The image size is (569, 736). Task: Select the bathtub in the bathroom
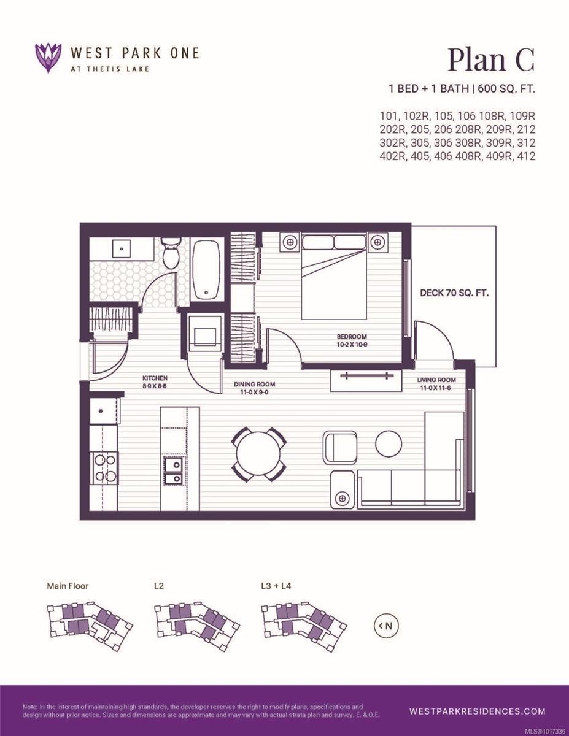tap(206, 270)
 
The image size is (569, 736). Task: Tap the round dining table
tap(258, 454)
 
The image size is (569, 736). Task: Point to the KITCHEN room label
tap(155, 378)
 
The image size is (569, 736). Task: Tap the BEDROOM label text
tap(351, 337)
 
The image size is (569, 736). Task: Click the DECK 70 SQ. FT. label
tap(454, 293)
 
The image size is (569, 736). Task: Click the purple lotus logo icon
tap(48, 58)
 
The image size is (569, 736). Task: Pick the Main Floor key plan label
tap(68, 586)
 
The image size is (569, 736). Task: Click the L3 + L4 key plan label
tap(276, 586)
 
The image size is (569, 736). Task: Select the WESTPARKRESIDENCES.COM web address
tap(477, 711)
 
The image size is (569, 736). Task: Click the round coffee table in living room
tap(389, 444)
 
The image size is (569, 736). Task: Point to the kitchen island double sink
tap(172, 470)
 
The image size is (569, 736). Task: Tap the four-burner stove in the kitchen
tap(104, 467)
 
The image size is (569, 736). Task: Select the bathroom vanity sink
tap(122, 249)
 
